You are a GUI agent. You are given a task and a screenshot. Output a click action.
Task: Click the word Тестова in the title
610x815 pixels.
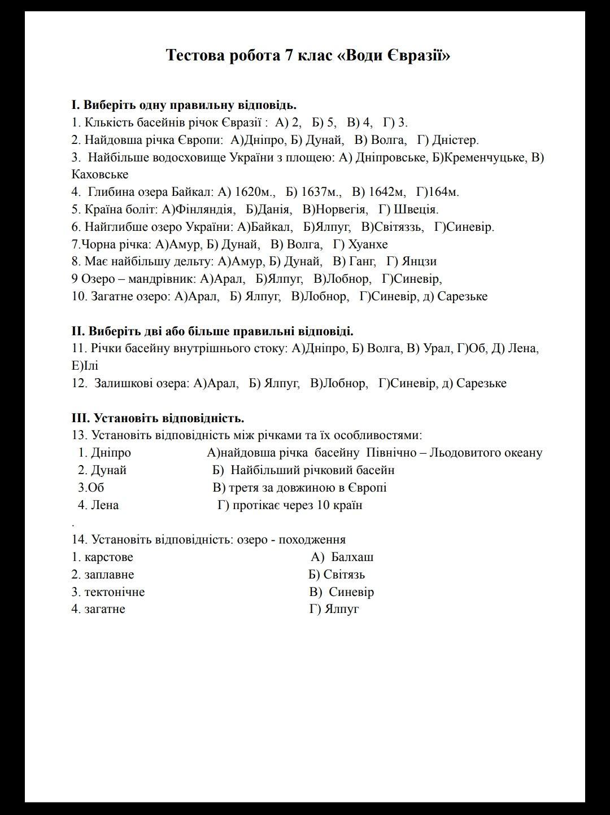pos(194,55)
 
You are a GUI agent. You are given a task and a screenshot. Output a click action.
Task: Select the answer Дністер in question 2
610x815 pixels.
pos(455,140)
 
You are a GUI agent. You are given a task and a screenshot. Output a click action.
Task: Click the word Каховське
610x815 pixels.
pos(100,174)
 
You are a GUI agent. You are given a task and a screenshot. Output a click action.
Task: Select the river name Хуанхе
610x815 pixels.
pos(368,244)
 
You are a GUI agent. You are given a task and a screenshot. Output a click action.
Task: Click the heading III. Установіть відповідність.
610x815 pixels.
pos(158,418)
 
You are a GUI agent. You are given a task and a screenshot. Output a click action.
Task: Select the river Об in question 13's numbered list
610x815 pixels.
pos(95,488)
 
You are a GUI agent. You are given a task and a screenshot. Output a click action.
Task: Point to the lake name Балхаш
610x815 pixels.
pos(352,557)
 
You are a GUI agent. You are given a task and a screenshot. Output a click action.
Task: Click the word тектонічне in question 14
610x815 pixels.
pos(114,592)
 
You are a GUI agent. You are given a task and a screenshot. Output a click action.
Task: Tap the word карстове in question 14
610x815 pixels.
pos(108,557)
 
